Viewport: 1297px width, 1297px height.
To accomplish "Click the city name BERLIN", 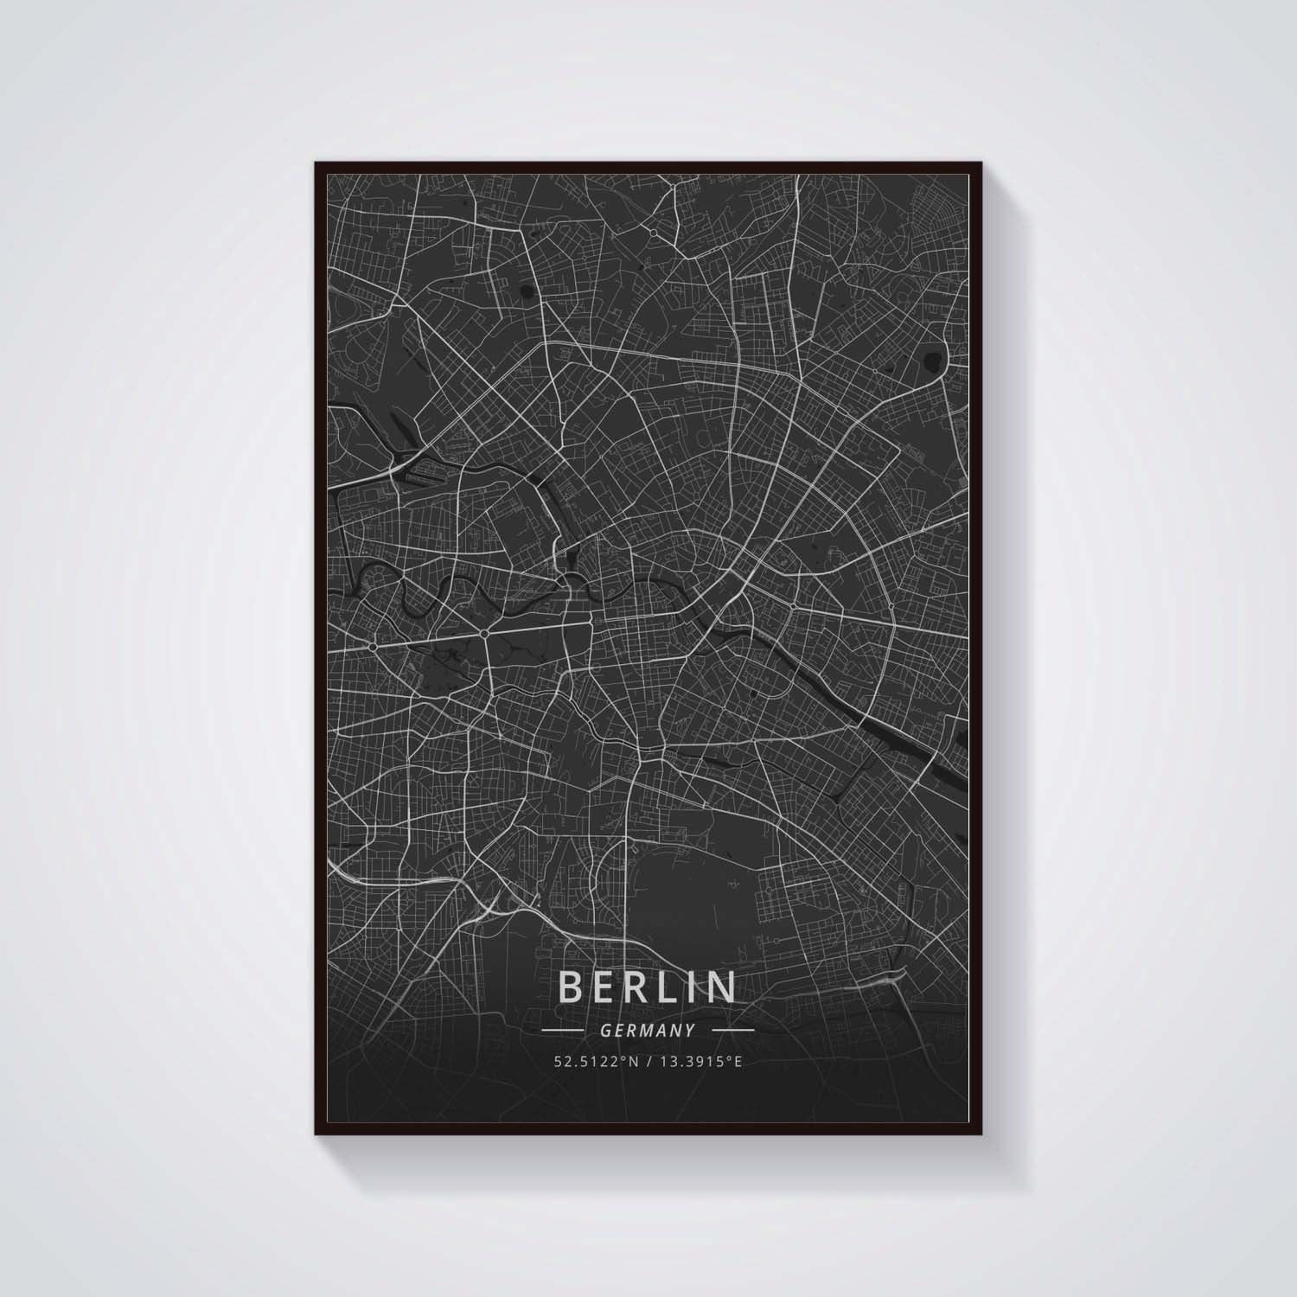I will point(648,987).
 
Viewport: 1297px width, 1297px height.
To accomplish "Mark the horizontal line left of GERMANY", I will point(561,1031).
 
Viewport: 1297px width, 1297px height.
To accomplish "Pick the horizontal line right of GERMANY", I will point(733,1031).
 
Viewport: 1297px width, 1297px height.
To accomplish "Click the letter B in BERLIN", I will point(572,987).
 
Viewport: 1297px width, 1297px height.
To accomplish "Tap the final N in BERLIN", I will point(721,987).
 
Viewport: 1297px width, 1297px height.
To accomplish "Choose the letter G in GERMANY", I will point(604,1031).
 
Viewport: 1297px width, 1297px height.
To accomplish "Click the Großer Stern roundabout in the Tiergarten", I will point(484,635).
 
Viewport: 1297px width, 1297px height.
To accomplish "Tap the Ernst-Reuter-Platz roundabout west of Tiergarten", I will point(373,646).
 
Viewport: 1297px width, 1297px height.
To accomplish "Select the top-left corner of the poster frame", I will point(316,163).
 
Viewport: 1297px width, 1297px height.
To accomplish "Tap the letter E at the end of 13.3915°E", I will point(738,1061).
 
